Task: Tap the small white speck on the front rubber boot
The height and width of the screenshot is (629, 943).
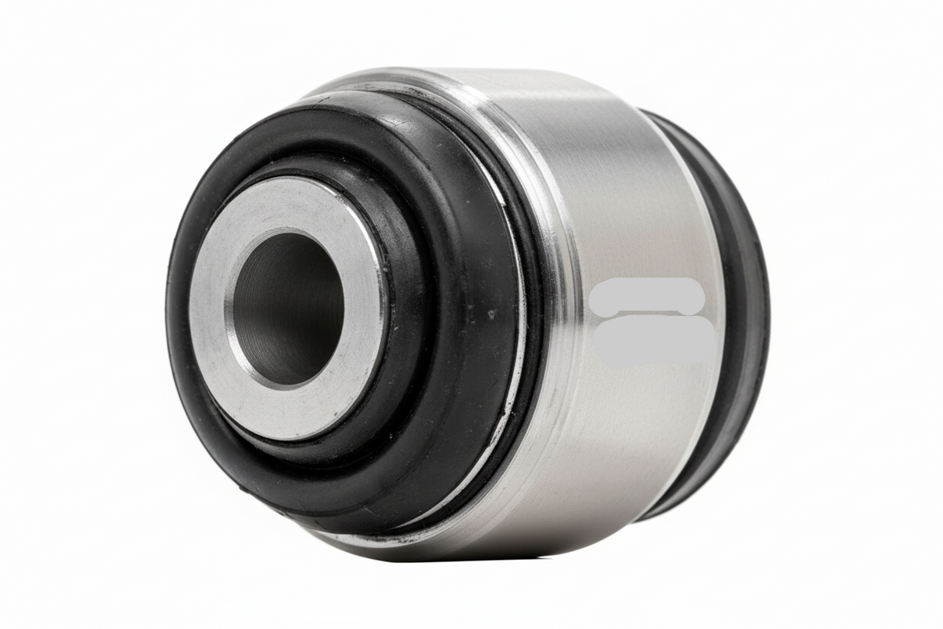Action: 492,314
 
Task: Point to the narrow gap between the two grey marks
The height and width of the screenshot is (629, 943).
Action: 649,314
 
